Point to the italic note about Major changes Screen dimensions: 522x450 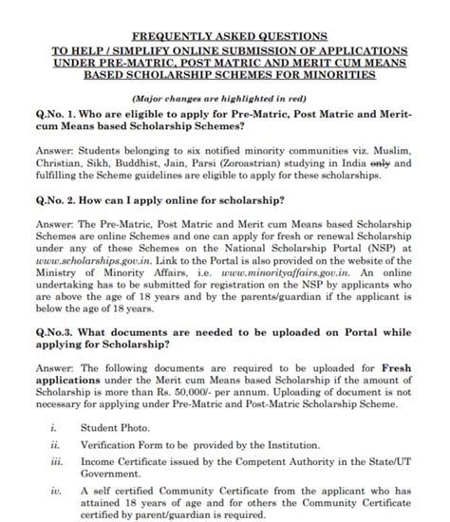pos(225,99)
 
